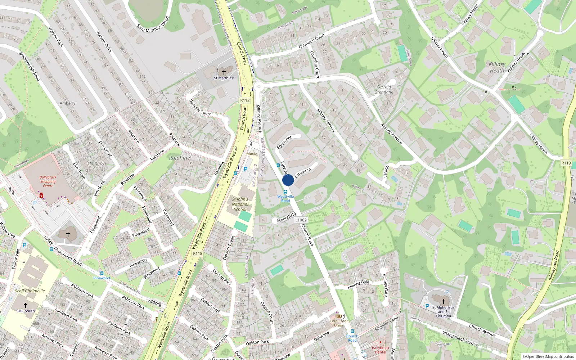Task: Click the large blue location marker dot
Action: coord(288,180)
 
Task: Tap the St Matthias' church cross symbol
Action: coord(224,72)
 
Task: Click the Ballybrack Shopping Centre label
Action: coord(48,181)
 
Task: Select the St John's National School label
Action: coord(240,204)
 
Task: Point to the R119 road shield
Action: coord(566,163)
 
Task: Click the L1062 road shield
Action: coord(301,220)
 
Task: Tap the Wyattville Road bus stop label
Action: coord(285,198)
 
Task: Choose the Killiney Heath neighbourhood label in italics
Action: coord(497,67)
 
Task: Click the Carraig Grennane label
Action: coord(384,89)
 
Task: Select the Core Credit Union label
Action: coord(339,323)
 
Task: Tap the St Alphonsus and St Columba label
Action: coord(443,312)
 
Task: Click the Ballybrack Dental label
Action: coord(381,350)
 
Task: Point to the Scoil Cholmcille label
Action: coord(30,291)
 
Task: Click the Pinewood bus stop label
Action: coord(102,278)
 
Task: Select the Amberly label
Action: coord(67,103)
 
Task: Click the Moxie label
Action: coord(252,154)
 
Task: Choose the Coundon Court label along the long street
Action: coord(312,41)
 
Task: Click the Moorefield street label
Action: coord(287,217)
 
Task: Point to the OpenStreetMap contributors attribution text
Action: coord(548,357)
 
